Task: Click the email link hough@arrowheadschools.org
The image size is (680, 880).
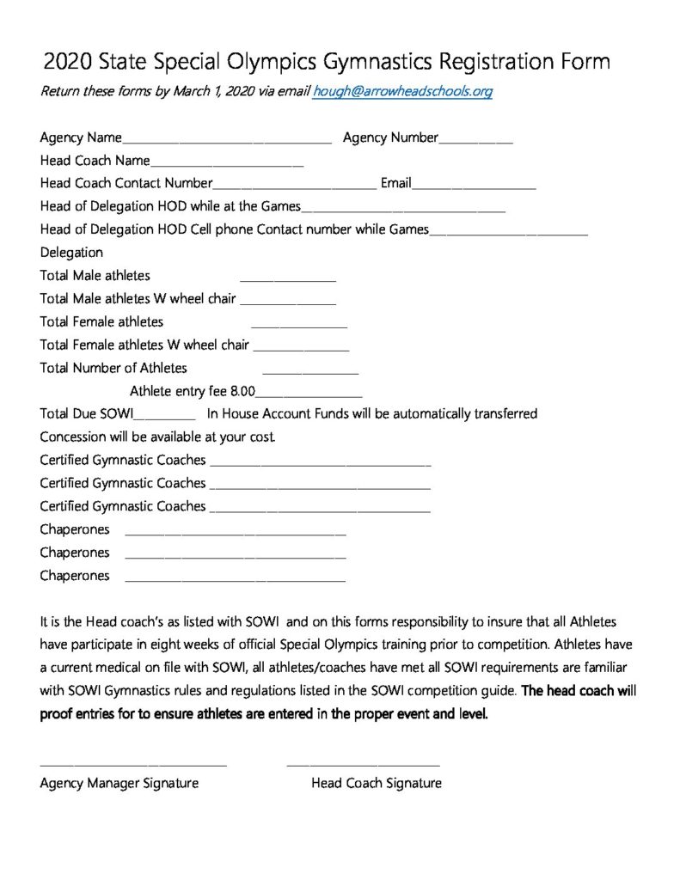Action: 402,91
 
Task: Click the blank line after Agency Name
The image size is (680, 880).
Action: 226,140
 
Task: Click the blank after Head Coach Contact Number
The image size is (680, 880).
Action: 294,186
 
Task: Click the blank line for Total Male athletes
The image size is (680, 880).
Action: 287,278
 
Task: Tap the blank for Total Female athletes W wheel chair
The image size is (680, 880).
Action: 301,348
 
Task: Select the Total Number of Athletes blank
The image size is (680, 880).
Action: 309,371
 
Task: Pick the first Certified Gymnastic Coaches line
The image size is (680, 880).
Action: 319,464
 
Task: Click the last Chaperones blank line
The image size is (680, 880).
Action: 236,580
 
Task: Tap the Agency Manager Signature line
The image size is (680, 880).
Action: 133,763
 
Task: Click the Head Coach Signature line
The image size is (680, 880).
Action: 363,763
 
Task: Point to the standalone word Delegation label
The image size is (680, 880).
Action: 71,253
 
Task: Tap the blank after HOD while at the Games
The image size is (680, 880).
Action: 403,209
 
